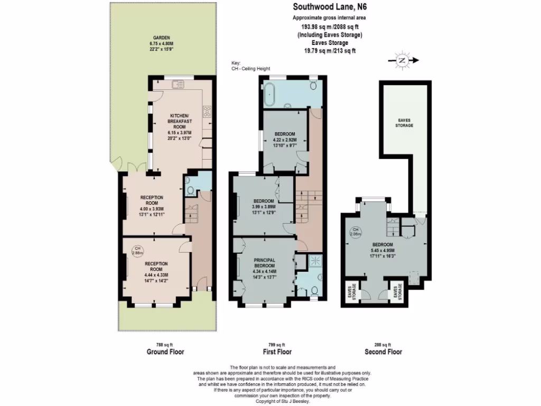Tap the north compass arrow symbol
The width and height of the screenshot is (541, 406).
pos(403,61)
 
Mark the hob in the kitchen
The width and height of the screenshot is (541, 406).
pos(207,112)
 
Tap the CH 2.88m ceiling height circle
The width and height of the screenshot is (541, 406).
pos(137,250)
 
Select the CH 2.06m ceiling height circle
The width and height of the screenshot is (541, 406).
pos(355,231)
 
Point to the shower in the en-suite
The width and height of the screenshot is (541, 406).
pos(316,260)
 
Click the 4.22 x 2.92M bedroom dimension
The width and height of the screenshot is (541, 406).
pos(285,141)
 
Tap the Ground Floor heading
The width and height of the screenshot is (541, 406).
pos(165,352)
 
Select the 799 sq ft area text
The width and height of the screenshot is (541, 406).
pos(277,344)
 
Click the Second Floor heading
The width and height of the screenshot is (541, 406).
pos(383,352)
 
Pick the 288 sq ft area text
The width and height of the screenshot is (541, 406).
pos(383,344)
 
